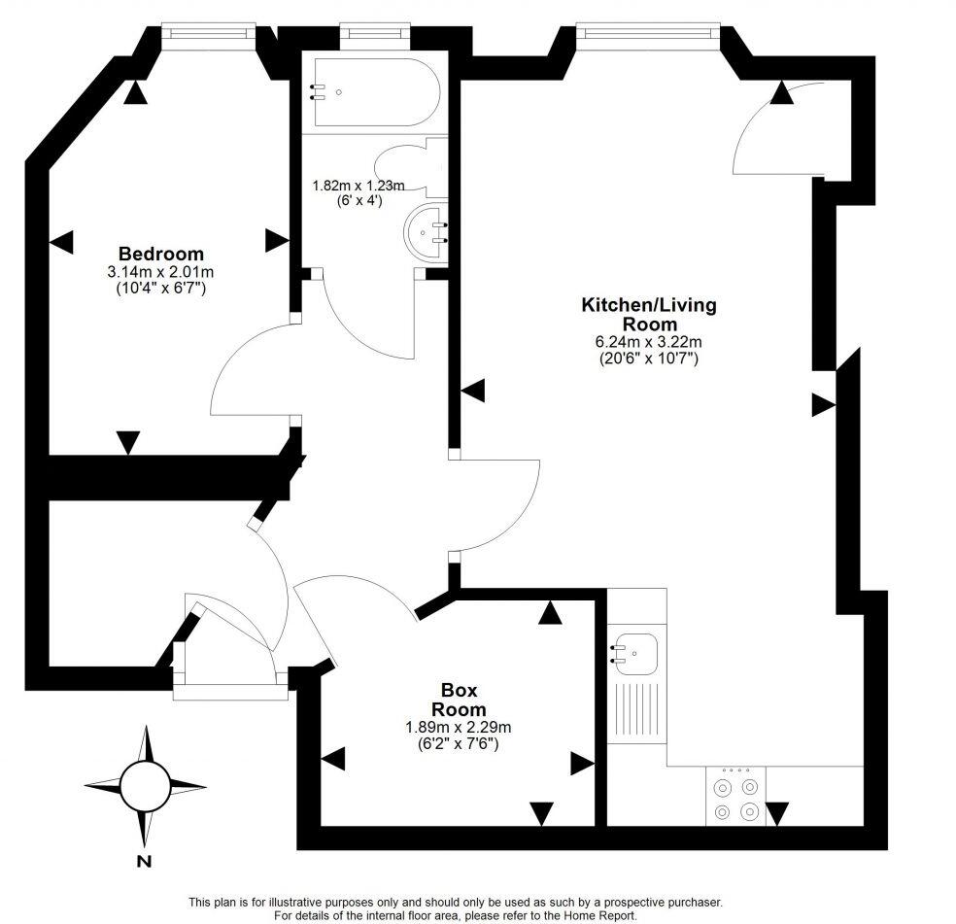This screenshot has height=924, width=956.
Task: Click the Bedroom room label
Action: [161, 254]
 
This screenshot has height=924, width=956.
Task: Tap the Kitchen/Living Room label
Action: [648, 314]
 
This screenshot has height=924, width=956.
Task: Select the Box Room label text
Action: [459, 700]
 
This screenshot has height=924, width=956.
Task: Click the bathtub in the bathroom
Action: [374, 92]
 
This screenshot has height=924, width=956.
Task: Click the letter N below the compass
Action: [144, 861]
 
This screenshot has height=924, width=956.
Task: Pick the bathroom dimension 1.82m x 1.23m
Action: [358, 186]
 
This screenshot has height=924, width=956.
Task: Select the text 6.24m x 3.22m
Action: [648, 342]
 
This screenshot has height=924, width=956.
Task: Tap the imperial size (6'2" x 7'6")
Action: [459, 743]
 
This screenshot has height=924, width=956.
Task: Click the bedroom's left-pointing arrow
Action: [60, 243]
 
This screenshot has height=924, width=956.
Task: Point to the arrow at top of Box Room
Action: [551, 611]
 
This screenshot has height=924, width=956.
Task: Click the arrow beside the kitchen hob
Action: [778, 812]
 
